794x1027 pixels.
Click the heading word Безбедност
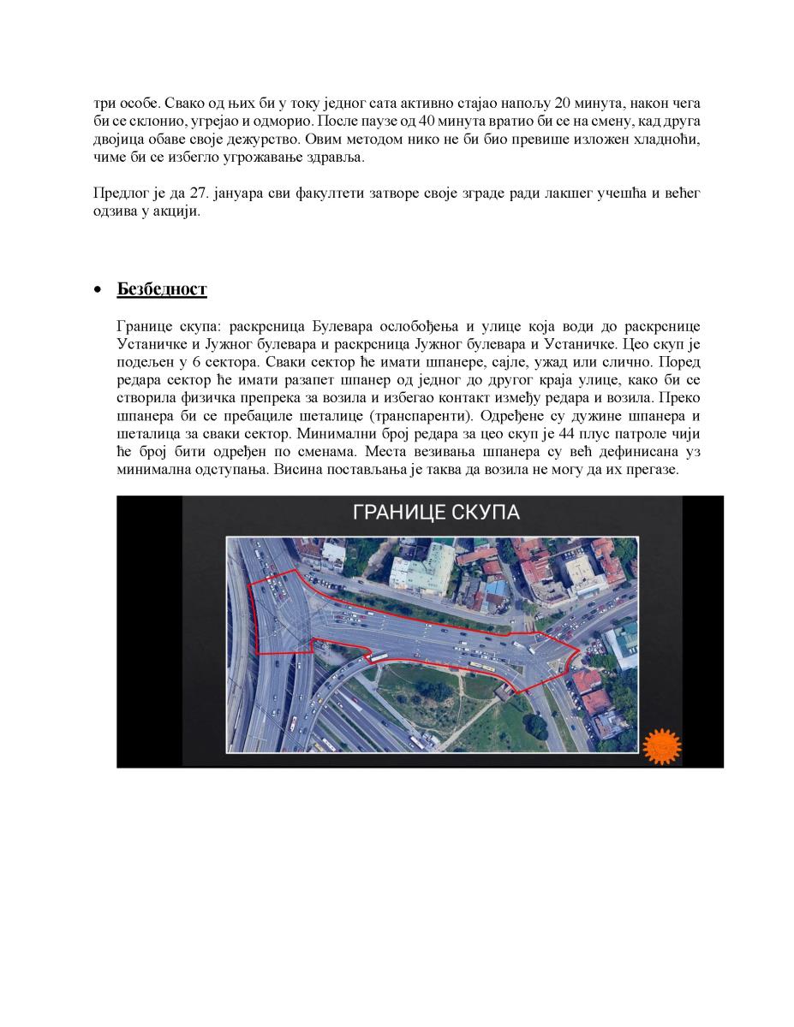162,289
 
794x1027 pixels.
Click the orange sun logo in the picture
660,746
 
